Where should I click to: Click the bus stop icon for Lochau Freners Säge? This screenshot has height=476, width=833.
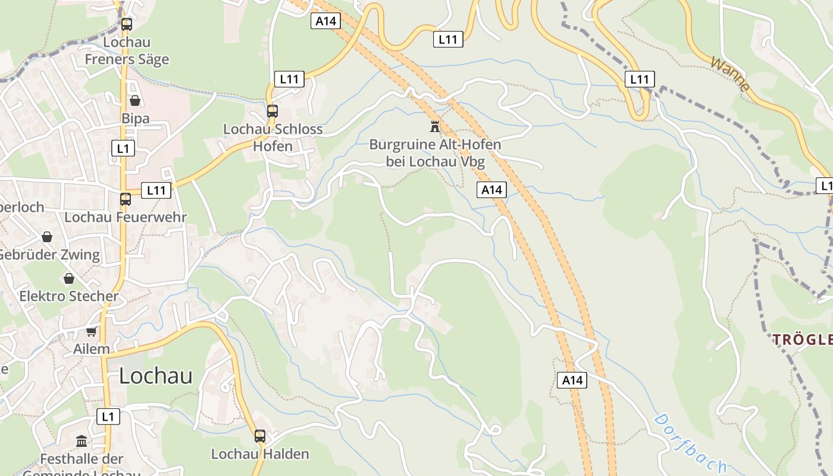point(126,24)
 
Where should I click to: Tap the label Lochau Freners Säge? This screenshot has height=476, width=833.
point(127,51)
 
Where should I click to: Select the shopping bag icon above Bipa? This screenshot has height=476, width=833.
point(135,100)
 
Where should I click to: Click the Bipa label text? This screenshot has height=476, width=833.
point(136,118)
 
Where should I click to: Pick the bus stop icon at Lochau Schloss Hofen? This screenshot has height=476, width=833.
point(273,111)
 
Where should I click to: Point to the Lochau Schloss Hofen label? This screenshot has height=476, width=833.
point(273,137)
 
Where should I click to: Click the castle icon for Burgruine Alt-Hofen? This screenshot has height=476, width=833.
point(435,126)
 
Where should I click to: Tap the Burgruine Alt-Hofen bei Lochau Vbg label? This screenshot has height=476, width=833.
point(435,153)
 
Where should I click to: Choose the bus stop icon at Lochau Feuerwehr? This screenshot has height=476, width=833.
point(126,199)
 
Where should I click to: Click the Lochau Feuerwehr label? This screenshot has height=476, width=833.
point(126,217)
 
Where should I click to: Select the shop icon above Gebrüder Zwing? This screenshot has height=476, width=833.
point(47,237)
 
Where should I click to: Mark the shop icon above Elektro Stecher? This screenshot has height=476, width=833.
point(69,278)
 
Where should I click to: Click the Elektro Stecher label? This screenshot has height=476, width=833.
point(69,296)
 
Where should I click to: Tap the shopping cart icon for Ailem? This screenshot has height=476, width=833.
point(92,331)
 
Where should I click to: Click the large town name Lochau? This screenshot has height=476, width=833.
point(156,375)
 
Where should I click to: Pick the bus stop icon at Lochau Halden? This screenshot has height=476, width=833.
point(260,436)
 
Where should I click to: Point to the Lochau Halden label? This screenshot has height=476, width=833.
point(260,454)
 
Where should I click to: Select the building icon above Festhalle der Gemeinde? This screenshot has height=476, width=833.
point(82,441)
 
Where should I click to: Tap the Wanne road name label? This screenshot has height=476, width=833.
point(730,74)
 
